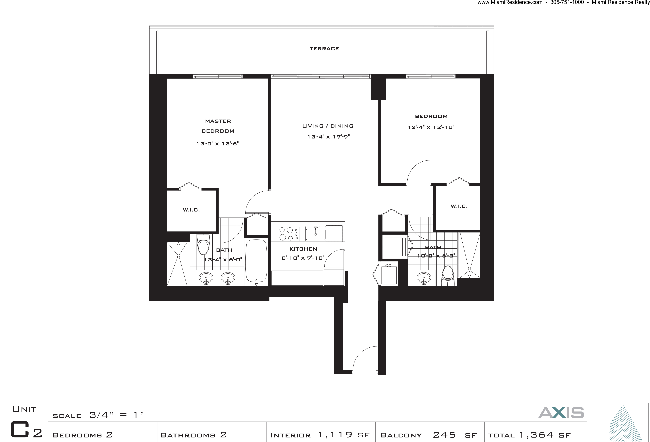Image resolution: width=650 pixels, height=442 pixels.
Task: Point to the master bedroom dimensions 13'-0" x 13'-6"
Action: tap(218, 143)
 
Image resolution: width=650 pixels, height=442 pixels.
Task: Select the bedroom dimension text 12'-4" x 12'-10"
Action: tap(431, 127)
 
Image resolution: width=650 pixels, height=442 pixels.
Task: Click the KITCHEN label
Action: tap(303, 249)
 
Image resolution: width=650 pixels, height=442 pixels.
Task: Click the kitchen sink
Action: tap(316, 234)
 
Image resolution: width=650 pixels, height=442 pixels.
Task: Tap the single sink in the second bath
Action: tap(424, 278)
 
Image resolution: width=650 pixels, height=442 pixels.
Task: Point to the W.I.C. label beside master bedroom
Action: tap(191, 210)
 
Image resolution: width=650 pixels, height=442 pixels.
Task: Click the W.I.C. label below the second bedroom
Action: tap(459, 206)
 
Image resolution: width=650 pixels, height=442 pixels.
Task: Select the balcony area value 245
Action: tap(444, 435)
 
